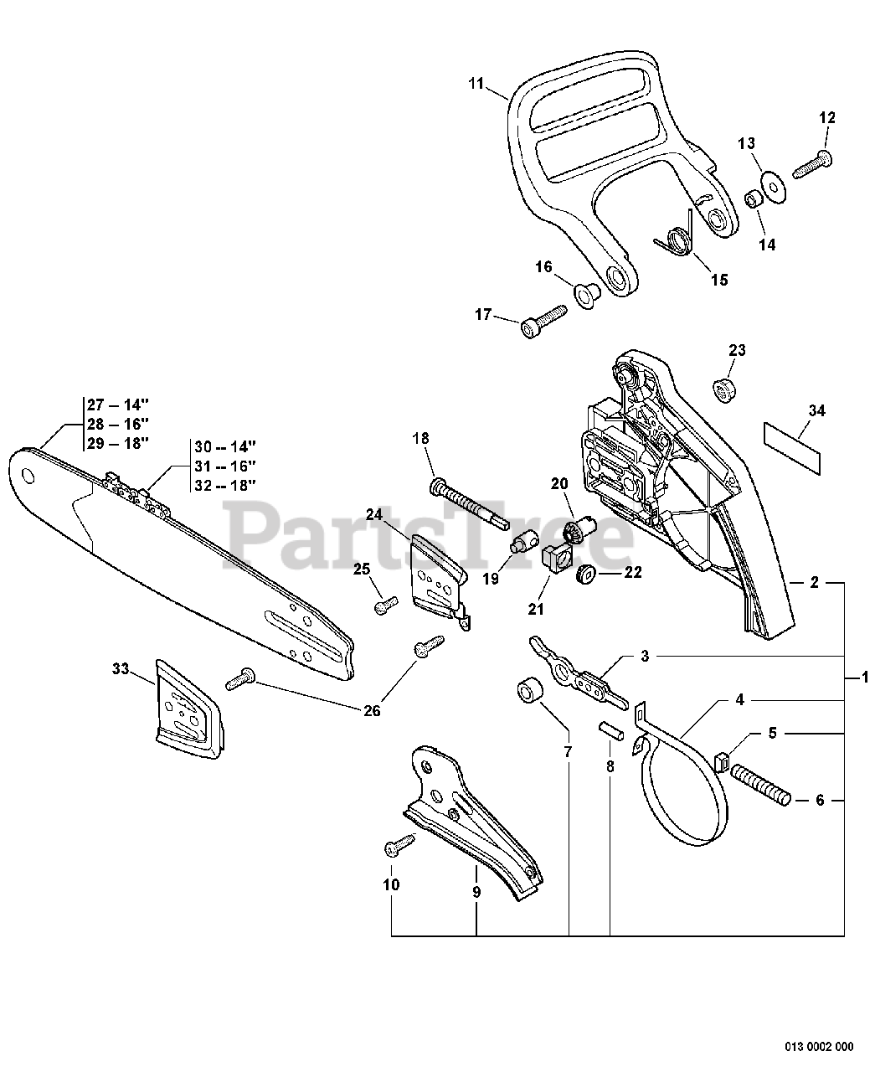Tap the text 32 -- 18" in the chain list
click(225, 484)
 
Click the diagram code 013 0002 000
click(819, 1046)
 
